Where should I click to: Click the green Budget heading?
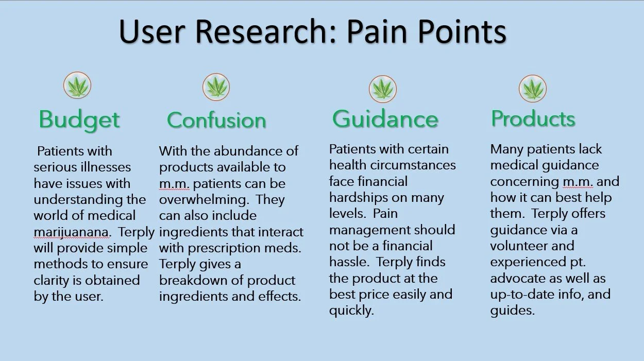pos(79,119)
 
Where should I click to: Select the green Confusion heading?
pos(216,120)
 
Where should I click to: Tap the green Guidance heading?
pos(385,119)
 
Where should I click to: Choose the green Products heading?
pos(533,118)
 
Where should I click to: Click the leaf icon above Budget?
pos(77,85)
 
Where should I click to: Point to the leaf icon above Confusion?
pos(216,87)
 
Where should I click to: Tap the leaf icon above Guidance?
pos(383,89)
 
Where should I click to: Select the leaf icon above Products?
pos(533,88)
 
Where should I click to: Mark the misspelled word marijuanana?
pos(71,232)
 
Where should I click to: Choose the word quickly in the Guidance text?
pos(351,311)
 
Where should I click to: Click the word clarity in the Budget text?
pos(53,280)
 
